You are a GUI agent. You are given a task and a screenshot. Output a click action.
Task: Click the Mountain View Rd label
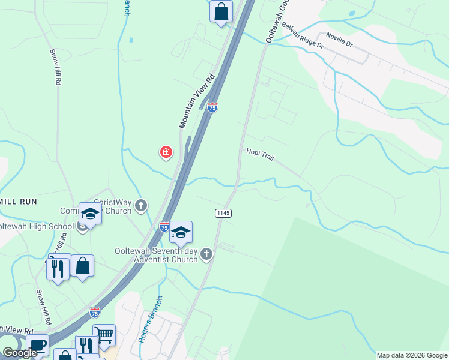click(x=197, y=101)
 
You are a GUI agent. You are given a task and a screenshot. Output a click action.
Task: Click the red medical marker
click(x=166, y=152)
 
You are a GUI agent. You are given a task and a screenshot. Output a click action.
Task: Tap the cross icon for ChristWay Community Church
click(x=141, y=206)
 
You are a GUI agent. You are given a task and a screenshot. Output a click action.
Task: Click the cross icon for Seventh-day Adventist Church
click(x=206, y=254)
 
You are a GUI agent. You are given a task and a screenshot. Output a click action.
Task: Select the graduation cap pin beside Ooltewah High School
click(x=90, y=214)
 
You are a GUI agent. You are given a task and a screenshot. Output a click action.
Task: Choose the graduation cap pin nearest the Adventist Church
click(x=181, y=232)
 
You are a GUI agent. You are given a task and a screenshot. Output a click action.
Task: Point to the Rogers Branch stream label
click(x=149, y=319)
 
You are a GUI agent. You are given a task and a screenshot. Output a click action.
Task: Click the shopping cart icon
click(x=104, y=335)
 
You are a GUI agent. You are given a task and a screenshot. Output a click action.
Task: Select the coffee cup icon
click(x=37, y=347)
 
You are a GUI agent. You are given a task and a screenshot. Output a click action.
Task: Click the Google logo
click(x=20, y=353)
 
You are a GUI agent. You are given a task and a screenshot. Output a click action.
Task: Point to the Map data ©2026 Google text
click(x=412, y=355)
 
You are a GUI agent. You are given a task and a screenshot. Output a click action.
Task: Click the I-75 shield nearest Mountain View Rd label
click(x=212, y=107)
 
